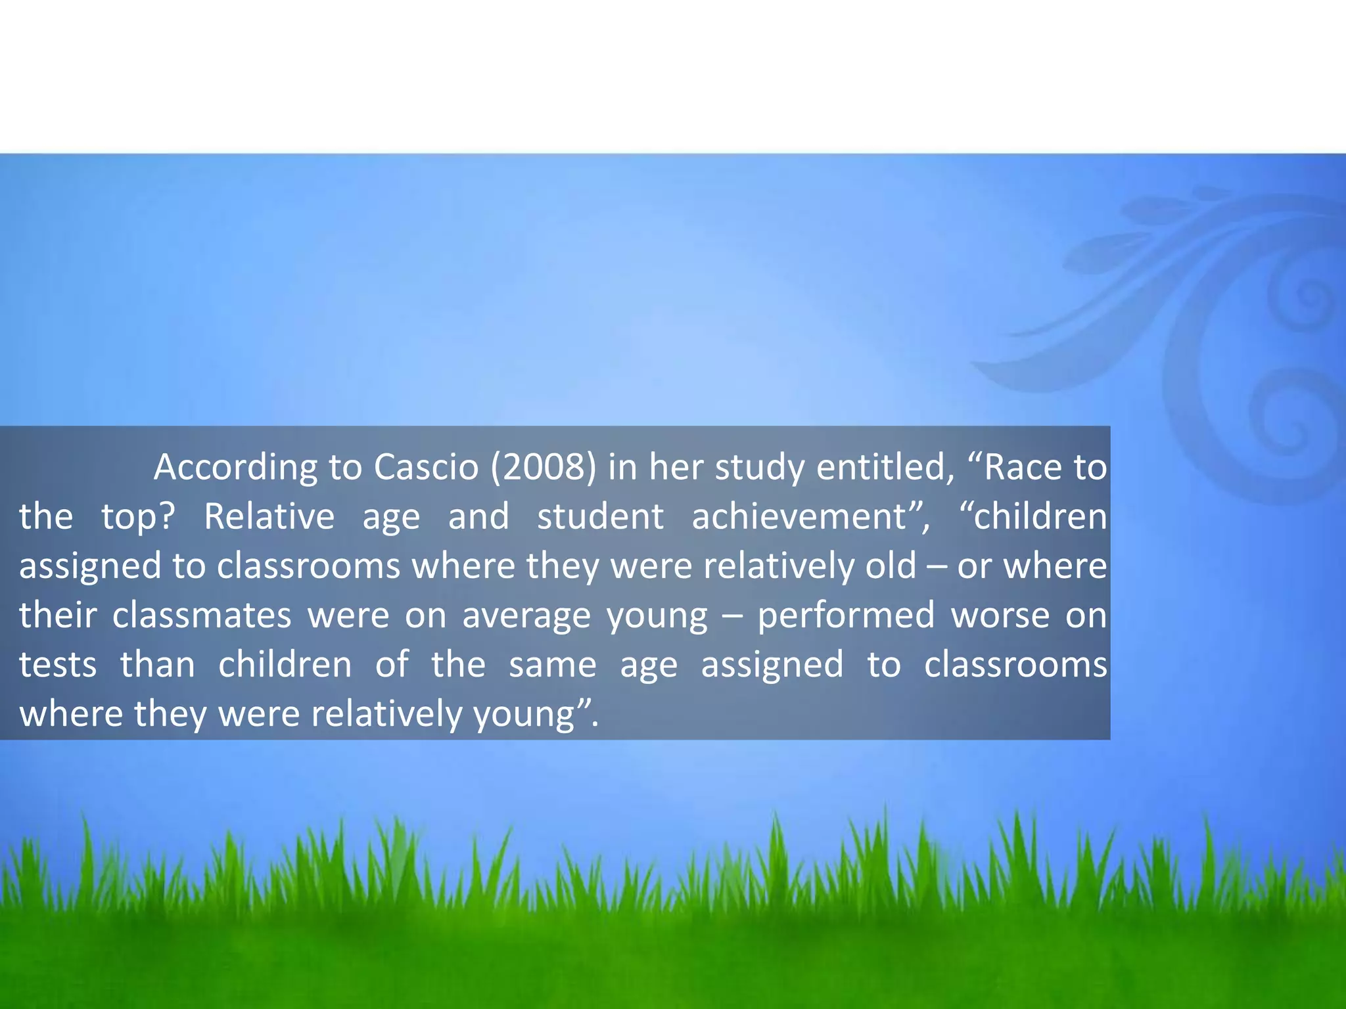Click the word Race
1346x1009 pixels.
1022,467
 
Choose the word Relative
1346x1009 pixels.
269,516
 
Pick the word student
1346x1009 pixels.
600,516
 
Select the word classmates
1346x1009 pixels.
202,615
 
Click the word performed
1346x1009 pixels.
846,615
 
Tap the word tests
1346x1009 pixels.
58,664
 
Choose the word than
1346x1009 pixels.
158,664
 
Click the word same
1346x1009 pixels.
553,664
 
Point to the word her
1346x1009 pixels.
676,467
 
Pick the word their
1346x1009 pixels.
58,615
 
